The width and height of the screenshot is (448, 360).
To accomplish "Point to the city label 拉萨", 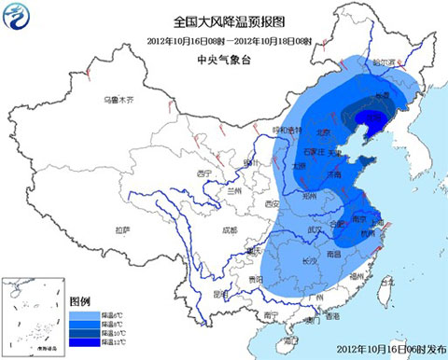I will [122, 229].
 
